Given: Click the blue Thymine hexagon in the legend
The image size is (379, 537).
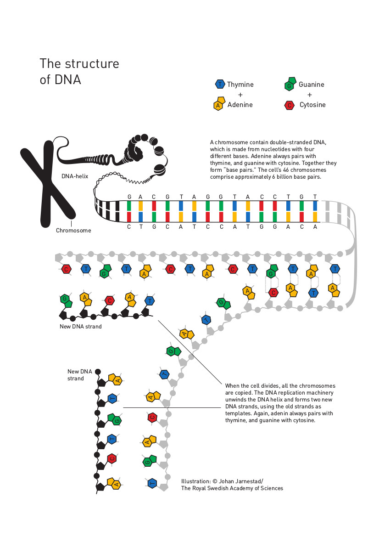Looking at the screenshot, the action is [220, 84].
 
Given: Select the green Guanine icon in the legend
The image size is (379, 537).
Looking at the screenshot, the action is [290, 84].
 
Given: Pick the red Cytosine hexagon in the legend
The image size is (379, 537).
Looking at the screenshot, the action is [290, 106].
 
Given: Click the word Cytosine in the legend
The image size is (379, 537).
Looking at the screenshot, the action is [312, 105].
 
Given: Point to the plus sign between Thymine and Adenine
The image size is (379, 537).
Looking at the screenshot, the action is [240, 95].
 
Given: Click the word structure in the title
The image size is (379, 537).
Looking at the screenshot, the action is [92, 64].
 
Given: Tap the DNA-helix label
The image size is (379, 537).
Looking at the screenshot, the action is [75, 176].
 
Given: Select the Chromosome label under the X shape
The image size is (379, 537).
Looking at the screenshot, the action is [73, 231].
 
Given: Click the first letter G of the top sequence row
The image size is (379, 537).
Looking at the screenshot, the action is [129, 197].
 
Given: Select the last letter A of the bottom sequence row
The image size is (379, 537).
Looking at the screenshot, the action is [315, 227].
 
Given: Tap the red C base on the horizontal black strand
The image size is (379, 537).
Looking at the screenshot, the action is [110, 301].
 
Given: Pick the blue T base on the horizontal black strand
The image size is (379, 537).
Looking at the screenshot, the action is [150, 301].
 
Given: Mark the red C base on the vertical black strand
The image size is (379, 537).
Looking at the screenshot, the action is [112, 458].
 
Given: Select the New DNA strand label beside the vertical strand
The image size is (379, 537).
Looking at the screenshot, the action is [80, 375].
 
